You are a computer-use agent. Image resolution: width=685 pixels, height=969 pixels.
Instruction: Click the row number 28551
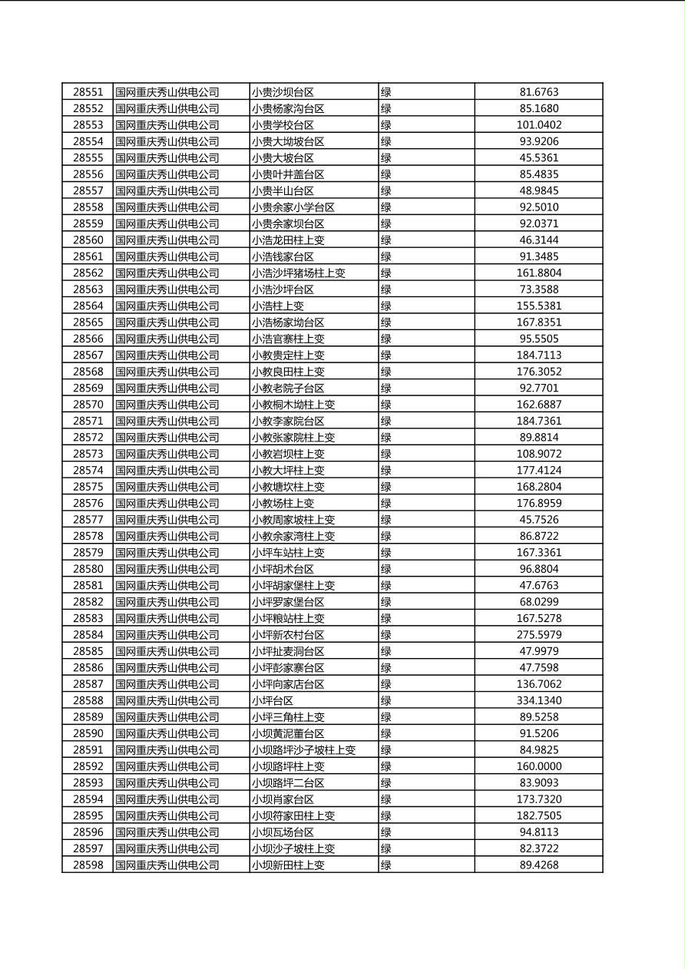pos(88,92)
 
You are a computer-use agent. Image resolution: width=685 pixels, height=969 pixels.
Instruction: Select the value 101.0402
pos(539,125)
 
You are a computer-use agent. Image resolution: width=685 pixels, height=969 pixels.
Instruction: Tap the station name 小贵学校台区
pos(283,125)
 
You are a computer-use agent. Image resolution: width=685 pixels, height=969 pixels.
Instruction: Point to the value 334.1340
pos(539,701)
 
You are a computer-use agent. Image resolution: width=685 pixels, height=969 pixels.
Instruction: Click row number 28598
pos(88,865)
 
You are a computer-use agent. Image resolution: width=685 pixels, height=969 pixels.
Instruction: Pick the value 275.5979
pos(539,635)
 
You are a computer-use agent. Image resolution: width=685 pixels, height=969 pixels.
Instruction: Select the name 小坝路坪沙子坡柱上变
pos(303,750)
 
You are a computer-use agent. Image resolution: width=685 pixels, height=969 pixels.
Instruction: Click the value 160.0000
pos(539,766)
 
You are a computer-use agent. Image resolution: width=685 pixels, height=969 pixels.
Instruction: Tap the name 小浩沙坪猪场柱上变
pos(298,273)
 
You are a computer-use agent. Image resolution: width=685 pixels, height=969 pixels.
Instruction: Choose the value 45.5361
pos(539,158)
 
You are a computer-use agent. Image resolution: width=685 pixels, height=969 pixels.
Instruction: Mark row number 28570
pos(88,405)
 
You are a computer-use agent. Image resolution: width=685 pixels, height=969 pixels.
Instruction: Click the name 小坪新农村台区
pos(288,635)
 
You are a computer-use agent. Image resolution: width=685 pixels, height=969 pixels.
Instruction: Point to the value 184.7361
pos(539,421)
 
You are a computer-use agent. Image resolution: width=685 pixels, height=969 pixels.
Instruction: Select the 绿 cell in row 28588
pos(386,701)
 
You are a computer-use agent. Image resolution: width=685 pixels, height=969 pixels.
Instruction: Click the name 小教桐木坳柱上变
pos(293,405)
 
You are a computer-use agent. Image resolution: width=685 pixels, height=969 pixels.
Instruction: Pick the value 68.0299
pos(539,602)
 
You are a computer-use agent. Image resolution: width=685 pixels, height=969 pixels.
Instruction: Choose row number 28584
pos(88,635)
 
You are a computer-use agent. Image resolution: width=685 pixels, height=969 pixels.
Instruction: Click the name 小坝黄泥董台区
pos(288,734)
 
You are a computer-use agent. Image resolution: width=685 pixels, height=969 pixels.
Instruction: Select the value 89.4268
pos(539,865)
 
